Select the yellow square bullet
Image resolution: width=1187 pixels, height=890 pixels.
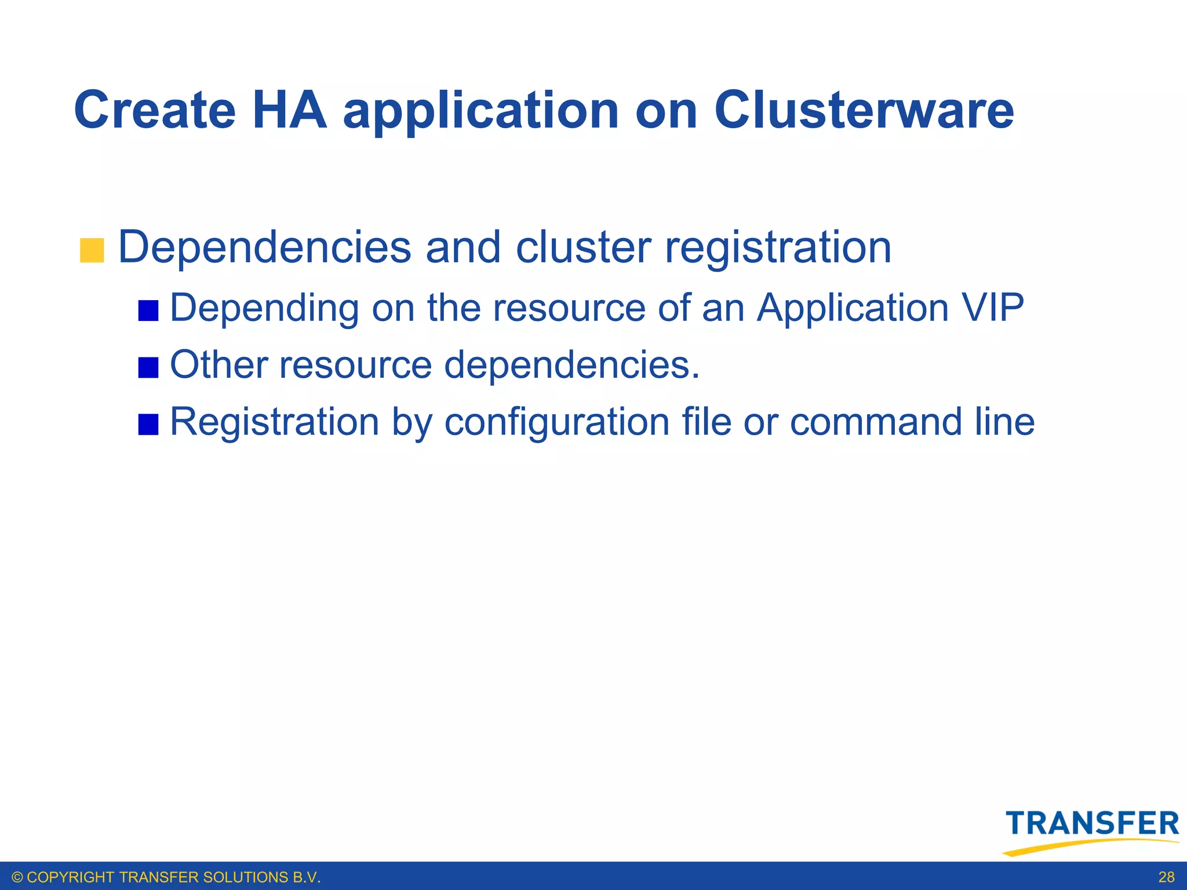92,250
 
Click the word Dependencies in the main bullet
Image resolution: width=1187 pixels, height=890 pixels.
264,247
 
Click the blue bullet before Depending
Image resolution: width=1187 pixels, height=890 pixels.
148,311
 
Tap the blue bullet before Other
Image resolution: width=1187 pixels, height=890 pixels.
148,367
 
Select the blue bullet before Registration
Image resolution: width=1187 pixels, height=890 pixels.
148,424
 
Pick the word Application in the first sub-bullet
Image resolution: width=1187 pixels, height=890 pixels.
853,308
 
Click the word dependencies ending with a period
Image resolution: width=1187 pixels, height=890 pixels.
572,365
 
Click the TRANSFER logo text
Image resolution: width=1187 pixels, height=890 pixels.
1093,823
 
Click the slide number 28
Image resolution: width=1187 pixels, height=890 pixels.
1166,877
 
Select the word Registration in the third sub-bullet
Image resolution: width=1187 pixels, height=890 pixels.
274,422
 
